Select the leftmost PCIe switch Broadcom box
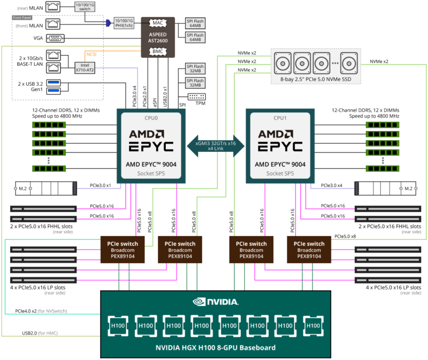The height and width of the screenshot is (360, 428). pos(123,249)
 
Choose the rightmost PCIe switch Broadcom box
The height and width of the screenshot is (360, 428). pos(309,249)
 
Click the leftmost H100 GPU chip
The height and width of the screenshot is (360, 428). pos(117,325)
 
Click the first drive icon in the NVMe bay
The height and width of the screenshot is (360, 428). pos(284,63)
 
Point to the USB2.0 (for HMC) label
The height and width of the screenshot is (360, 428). pos(40,333)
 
